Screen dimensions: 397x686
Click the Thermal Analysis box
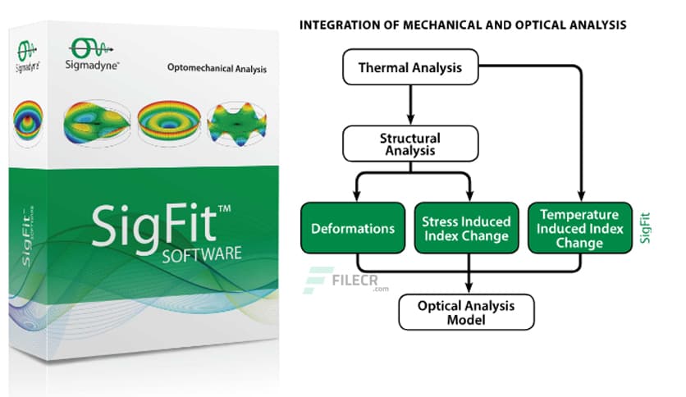[410, 68]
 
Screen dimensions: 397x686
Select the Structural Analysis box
[409, 144]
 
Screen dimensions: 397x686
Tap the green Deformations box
[352, 228]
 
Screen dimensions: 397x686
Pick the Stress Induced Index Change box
[465, 228]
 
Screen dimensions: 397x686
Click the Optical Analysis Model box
[466, 312]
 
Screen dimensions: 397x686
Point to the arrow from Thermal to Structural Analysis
[409, 103]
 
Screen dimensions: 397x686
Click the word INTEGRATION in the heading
[336, 25]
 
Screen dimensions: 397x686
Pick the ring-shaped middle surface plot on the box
[167, 122]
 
